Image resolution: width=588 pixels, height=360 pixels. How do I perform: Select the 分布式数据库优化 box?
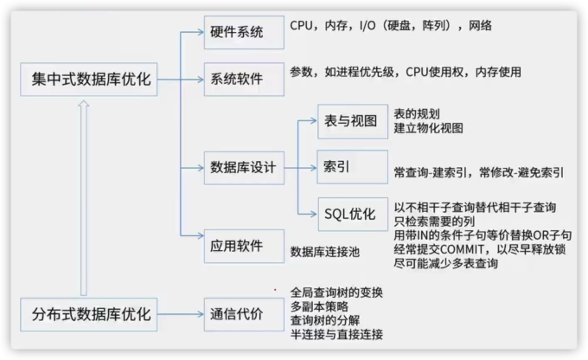[x=85, y=314]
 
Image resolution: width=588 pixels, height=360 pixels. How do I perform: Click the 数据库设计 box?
[x=243, y=167]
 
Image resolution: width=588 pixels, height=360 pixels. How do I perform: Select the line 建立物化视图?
[x=428, y=128]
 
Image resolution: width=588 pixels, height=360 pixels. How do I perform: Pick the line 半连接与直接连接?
[x=336, y=334]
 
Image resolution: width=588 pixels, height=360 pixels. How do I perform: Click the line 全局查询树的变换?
[x=336, y=292]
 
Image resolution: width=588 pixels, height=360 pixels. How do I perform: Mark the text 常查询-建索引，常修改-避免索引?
[x=478, y=171]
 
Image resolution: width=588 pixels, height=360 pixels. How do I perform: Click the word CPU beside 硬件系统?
[x=304, y=26]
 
